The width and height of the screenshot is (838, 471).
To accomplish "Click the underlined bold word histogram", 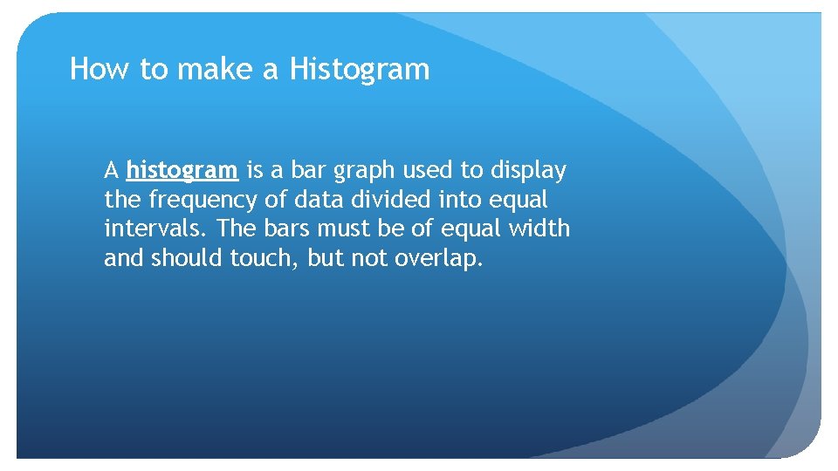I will pyautogui.click(x=182, y=170).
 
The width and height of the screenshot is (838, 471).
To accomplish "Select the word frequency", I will pyautogui.click(x=203, y=200).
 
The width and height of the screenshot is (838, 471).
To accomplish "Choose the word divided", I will pyautogui.click(x=390, y=200).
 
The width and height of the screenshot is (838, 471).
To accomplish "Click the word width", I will pyautogui.click(x=541, y=229).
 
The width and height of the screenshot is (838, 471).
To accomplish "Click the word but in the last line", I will pyautogui.click(x=321, y=259).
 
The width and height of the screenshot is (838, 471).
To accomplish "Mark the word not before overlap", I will pyautogui.click(x=366, y=259).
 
